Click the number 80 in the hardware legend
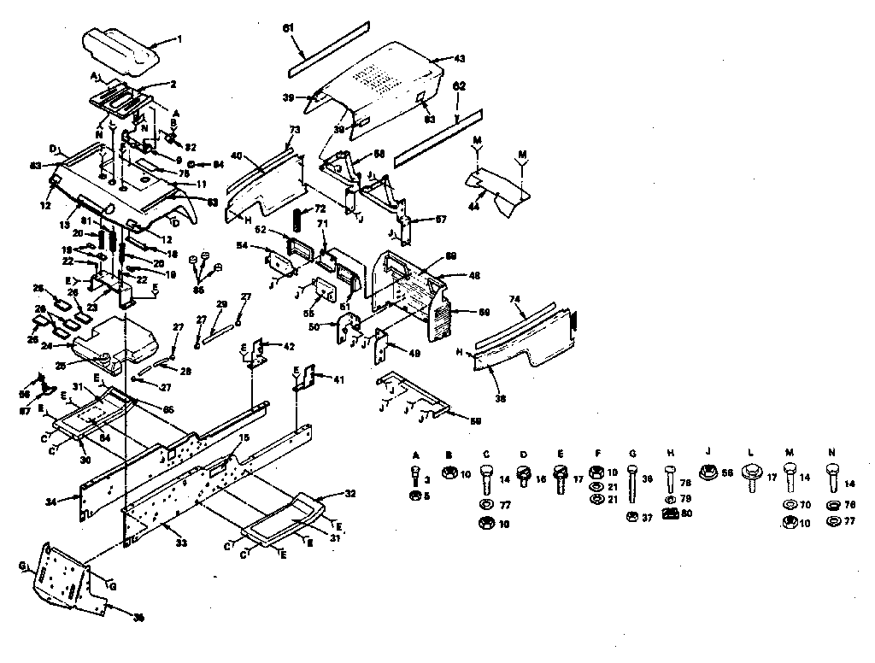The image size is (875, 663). (x=685, y=513)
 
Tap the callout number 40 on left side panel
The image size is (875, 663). (x=238, y=155)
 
